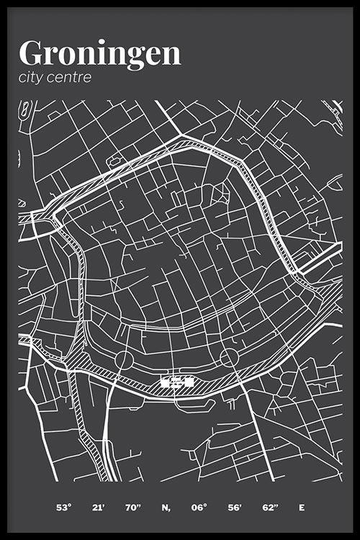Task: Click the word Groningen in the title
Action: (x=100, y=54)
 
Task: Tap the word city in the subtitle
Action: (x=34, y=77)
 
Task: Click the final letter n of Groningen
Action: (x=171, y=54)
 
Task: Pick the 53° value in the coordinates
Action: (x=64, y=508)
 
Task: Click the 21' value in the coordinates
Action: (x=99, y=508)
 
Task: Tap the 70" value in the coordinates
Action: (x=132, y=508)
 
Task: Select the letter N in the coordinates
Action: (x=166, y=508)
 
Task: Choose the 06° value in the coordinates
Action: (x=199, y=508)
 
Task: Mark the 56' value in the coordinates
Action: (x=235, y=508)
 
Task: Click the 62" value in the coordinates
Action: (x=269, y=508)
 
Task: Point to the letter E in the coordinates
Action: (x=302, y=508)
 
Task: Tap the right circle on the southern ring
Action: (x=229, y=356)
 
